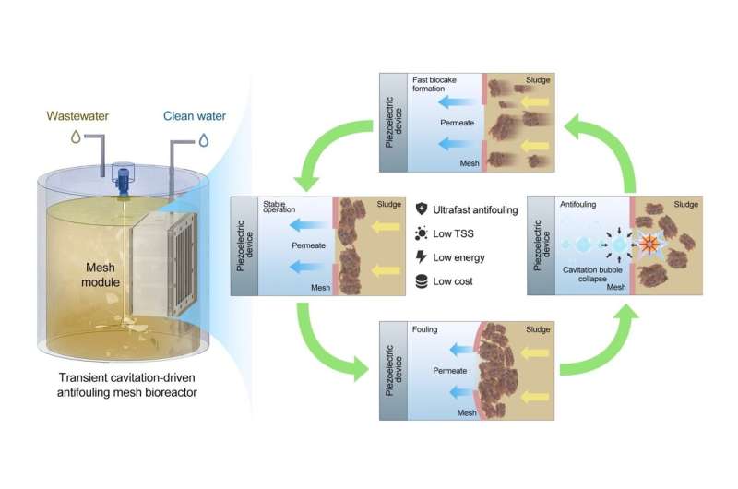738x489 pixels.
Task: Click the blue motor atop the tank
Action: (x=122, y=175)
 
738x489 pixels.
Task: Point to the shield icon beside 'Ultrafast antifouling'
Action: (x=423, y=209)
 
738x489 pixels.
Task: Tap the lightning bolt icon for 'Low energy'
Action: (x=423, y=257)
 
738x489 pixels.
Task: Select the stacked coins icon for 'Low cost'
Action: (x=423, y=281)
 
